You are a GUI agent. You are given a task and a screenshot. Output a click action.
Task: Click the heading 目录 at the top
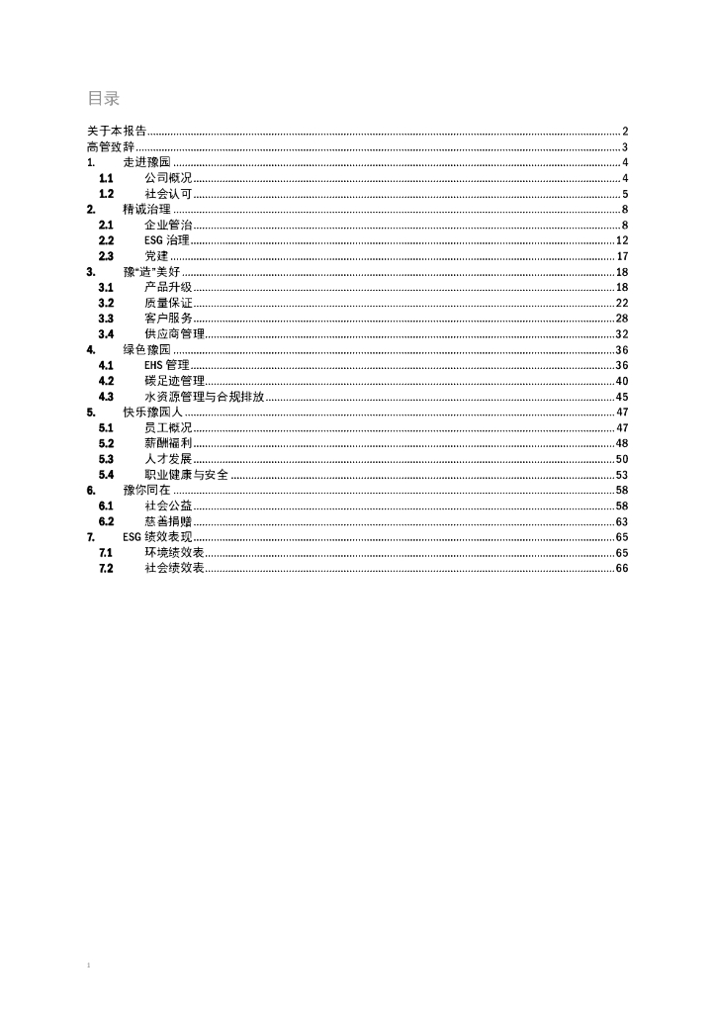click(x=104, y=98)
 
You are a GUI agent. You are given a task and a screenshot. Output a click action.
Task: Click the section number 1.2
click(x=106, y=194)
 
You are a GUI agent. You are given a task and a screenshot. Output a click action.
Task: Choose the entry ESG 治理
click(x=166, y=240)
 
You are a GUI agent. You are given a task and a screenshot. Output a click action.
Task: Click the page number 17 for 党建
click(x=623, y=256)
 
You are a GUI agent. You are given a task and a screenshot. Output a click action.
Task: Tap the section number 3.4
click(x=106, y=334)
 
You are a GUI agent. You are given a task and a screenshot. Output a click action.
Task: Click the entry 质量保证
click(x=168, y=303)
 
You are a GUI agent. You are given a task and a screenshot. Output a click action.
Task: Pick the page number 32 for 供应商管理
click(x=623, y=334)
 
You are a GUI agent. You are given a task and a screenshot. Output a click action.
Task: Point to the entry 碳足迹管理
click(x=174, y=381)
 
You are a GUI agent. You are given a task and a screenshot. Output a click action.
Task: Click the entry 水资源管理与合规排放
click(x=205, y=397)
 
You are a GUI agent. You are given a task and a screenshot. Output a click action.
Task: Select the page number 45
click(x=623, y=397)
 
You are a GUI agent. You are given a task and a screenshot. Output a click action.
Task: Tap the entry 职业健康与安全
click(x=186, y=475)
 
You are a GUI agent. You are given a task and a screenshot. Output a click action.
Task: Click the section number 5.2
click(x=106, y=443)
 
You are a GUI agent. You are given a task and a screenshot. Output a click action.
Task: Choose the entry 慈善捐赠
click(x=168, y=521)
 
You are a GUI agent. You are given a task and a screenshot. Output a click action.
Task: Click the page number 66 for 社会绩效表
click(x=623, y=569)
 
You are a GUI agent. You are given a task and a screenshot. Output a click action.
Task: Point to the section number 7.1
click(x=106, y=553)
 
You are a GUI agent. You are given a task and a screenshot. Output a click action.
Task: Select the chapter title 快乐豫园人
click(x=152, y=413)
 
